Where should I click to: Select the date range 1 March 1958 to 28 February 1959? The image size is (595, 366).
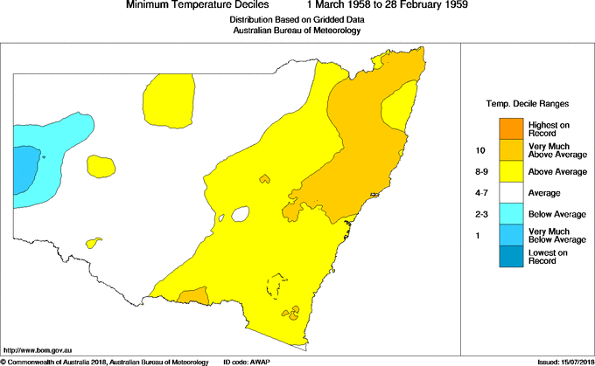(381, 5)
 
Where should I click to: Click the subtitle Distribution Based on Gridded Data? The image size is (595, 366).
(297, 18)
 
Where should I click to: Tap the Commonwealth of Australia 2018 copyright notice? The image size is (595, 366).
(105, 362)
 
